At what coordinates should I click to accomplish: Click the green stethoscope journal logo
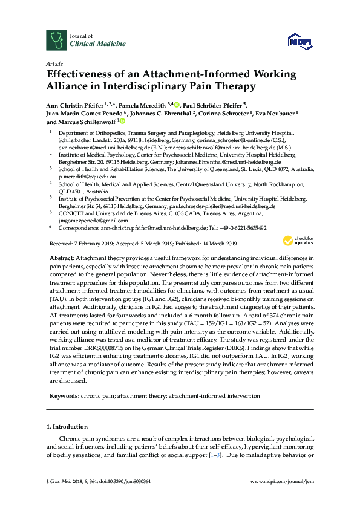click(x=56, y=41)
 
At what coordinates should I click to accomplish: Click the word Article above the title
click(x=54, y=63)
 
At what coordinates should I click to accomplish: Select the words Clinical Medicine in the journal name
click(x=98, y=44)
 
